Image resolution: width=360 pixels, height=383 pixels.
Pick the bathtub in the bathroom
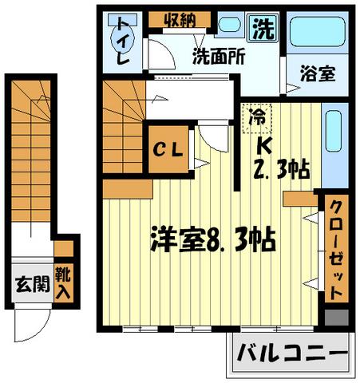[x=315, y=32]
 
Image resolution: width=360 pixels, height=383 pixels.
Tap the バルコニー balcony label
[x=291, y=352]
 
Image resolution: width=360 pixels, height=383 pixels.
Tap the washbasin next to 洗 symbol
[x=231, y=25]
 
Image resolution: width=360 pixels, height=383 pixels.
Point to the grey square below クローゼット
[x=335, y=316]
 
